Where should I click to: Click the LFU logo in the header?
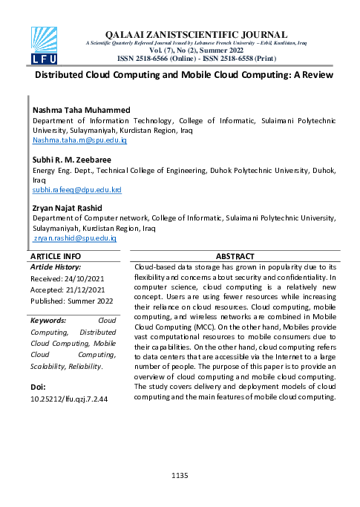pos(44,45)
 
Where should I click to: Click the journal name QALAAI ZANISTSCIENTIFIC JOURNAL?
pos(196,34)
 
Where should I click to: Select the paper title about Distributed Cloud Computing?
pos(184,75)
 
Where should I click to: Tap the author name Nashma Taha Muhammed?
pos(81,111)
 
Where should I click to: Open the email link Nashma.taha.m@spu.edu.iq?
pos(74,140)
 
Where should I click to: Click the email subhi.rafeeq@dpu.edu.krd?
pos(76,190)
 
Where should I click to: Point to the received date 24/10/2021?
pos(88,278)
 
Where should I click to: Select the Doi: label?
pos(39,387)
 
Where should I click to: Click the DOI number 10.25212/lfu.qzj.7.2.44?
pos(69,399)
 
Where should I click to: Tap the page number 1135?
pos(180,474)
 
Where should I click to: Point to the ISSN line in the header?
pos(197,57)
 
